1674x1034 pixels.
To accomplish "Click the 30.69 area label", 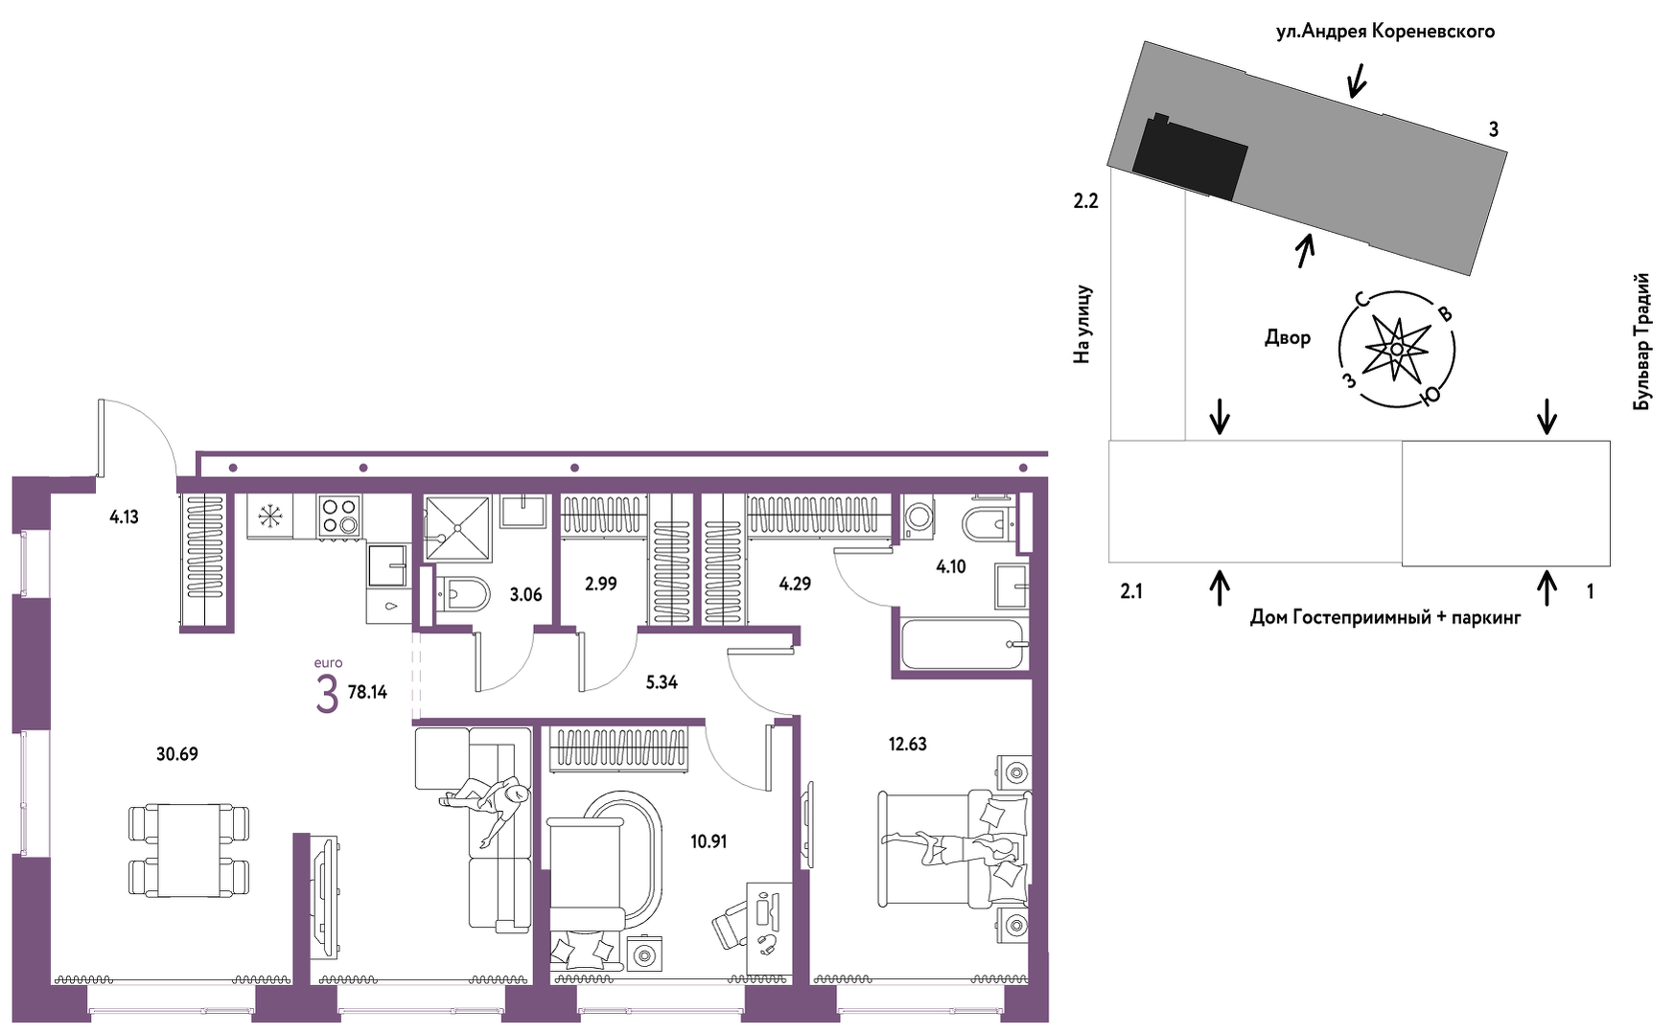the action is coord(177,754).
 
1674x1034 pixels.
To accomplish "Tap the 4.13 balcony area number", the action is coord(124,517).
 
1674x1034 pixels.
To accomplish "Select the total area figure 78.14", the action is coord(367,692).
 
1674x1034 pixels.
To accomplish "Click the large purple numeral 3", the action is coord(327,694).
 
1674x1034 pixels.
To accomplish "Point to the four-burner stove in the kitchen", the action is coord(339,515).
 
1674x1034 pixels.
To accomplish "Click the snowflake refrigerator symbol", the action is coord(270,517).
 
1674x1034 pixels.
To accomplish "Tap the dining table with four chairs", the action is coord(189,850).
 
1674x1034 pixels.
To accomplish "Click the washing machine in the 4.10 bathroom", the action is coord(919,518).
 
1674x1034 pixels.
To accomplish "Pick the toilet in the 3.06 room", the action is coord(462,594).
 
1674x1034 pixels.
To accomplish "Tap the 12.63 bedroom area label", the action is coord(907,744).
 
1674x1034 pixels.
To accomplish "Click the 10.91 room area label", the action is coord(709,841).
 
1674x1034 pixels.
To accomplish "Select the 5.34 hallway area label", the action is coord(662,682).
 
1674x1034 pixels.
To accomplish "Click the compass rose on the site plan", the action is coord(1397,349).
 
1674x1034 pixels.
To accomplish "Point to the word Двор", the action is coord(1288,337).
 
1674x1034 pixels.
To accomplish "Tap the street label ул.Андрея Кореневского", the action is coord(1384,32).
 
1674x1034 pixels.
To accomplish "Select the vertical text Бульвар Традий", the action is coord(1642,342).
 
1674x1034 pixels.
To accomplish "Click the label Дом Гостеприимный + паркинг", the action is coord(1385,617).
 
